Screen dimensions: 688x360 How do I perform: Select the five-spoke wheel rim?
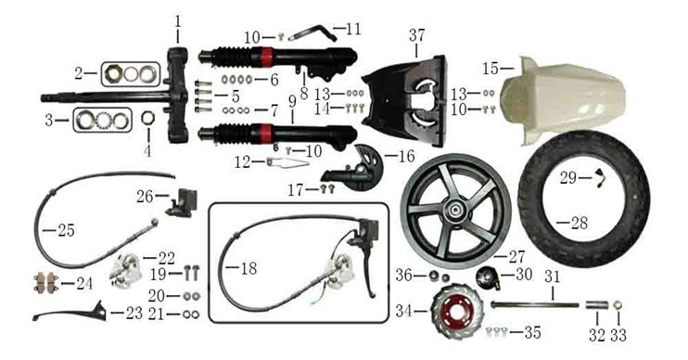coord(455,211)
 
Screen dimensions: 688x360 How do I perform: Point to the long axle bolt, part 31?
coord(535,304)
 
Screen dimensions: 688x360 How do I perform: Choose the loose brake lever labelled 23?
coord(70,314)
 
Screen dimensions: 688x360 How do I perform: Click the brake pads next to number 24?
coord(46,282)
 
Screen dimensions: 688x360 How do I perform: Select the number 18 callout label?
coord(248,268)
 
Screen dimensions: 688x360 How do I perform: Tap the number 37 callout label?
coord(417,35)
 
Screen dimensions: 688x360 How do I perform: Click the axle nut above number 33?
coord(618,304)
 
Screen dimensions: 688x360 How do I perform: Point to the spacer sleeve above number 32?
coord(597,304)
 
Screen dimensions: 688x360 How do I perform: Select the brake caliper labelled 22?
coord(124,271)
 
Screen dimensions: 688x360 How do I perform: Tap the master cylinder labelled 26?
coord(181,202)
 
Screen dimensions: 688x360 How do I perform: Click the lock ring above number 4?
coord(148,118)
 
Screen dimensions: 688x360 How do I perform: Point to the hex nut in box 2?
coord(114,73)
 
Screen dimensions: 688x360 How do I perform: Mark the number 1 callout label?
coord(178,21)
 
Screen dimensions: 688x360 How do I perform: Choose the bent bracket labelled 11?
coord(312,33)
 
